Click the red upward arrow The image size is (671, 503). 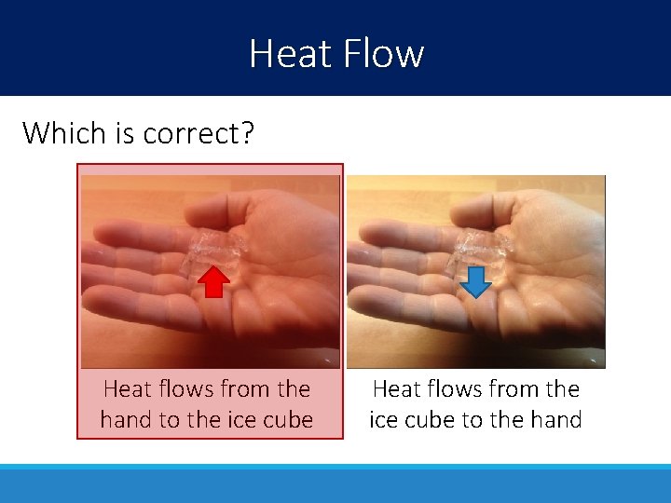(216, 281)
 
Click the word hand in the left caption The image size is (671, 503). (126, 420)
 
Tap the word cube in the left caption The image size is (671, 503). (287, 420)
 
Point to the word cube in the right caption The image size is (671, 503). (427, 420)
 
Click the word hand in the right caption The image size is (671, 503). (555, 420)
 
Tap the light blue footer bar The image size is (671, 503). (335, 483)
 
